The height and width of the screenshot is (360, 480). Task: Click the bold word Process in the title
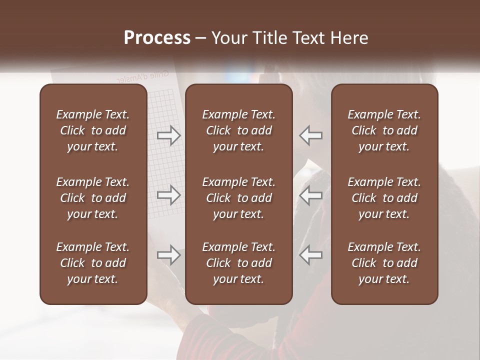pos(157,37)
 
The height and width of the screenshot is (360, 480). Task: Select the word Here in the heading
pos(349,37)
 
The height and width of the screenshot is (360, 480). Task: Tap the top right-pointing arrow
pos(168,135)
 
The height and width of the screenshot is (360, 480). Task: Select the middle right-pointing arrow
pos(168,195)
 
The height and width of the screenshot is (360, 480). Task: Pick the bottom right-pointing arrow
pos(168,255)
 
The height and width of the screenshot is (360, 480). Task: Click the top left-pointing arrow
pos(311,135)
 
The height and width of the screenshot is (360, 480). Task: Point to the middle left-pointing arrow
pos(311,195)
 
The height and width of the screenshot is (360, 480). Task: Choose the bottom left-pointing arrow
pos(311,255)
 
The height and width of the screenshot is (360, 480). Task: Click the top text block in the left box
pos(93,130)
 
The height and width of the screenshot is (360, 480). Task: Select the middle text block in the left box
pos(93,198)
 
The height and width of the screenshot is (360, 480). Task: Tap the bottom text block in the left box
pos(93,263)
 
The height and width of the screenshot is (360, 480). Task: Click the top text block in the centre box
pos(238,130)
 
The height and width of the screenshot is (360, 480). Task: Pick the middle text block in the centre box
pos(238,198)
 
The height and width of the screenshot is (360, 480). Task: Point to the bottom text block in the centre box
pos(238,263)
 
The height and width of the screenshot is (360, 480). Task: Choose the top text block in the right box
pos(384,130)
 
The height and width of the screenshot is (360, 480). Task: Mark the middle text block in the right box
pos(384,198)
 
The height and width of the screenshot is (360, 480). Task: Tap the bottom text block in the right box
pos(384,263)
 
